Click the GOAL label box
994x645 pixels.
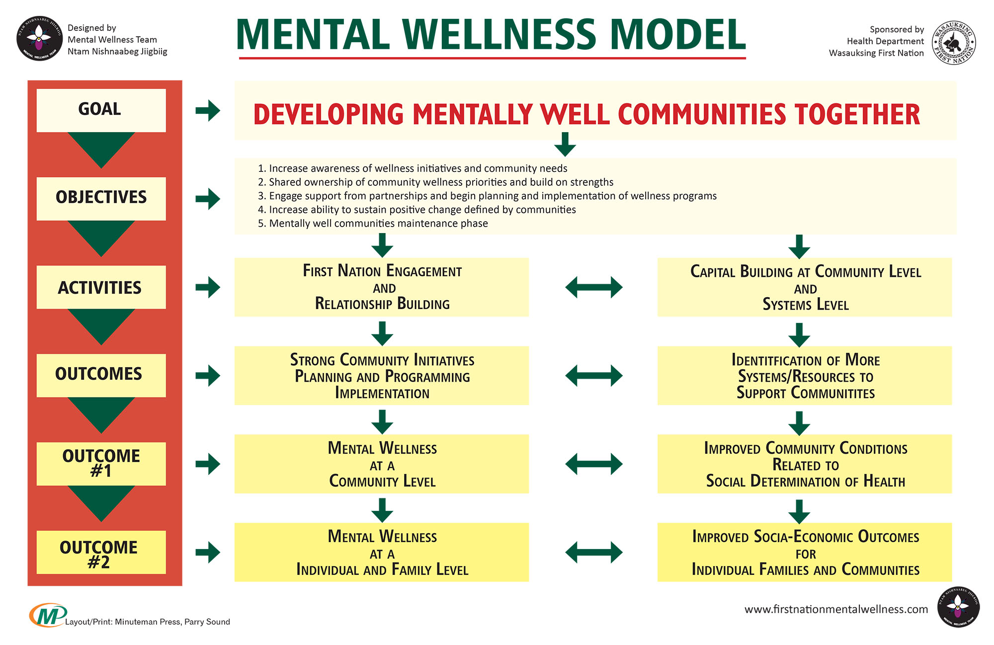(101, 110)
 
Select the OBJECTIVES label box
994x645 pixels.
(101, 198)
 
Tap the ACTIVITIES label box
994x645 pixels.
(101, 287)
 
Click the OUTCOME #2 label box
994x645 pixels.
(101, 552)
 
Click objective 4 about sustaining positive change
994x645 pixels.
(416, 210)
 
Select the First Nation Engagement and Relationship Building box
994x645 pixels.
(382, 287)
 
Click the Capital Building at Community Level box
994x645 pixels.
(804, 287)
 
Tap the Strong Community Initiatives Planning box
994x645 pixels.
(382, 376)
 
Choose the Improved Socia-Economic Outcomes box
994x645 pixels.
(804, 552)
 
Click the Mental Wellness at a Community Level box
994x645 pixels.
(382, 464)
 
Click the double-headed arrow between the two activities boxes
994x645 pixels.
(593, 287)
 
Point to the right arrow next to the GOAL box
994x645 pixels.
(208, 110)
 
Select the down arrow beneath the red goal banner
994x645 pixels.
(565, 144)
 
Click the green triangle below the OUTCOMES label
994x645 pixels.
(101, 413)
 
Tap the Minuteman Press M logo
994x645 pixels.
(47, 615)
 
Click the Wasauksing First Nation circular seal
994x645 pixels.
(954, 42)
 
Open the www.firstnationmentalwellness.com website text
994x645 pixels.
(836, 609)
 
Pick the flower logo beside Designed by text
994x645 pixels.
(39, 39)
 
